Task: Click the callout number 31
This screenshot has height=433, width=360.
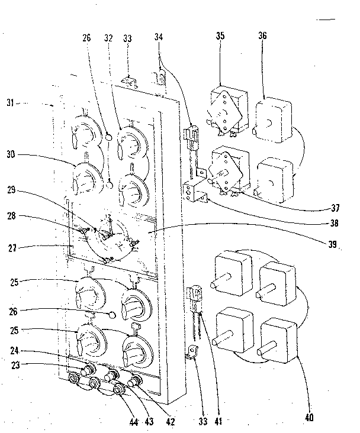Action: pyautogui.click(x=22, y=104)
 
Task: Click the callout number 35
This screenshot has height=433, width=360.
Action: pyautogui.click(x=221, y=36)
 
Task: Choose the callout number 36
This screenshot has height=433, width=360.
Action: pyautogui.click(x=262, y=36)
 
